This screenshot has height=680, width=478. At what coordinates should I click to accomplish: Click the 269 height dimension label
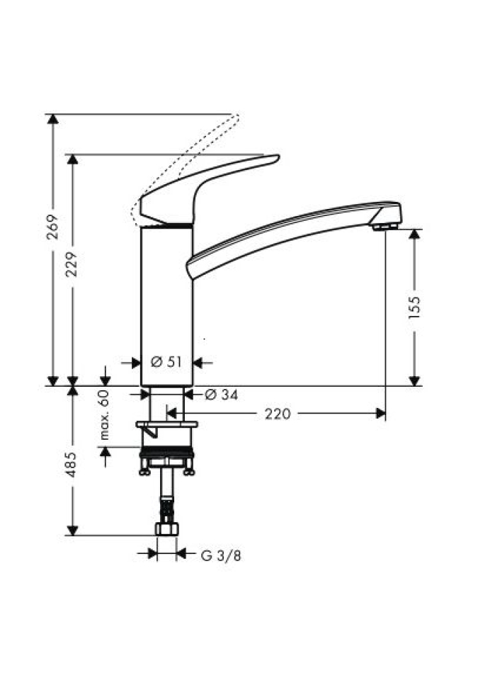[52, 227]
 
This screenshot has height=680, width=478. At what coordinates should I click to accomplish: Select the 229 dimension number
[72, 264]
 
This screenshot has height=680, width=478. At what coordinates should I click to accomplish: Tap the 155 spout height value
[415, 307]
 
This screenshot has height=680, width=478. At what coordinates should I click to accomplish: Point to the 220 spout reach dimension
[277, 414]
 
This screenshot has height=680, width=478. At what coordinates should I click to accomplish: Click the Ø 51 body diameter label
[166, 362]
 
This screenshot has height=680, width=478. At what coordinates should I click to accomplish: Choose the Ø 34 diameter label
[221, 395]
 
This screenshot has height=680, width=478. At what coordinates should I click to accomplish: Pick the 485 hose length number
[72, 465]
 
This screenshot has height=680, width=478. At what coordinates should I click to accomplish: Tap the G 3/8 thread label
[221, 555]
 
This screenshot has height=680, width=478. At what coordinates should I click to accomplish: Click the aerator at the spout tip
[385, 227]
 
